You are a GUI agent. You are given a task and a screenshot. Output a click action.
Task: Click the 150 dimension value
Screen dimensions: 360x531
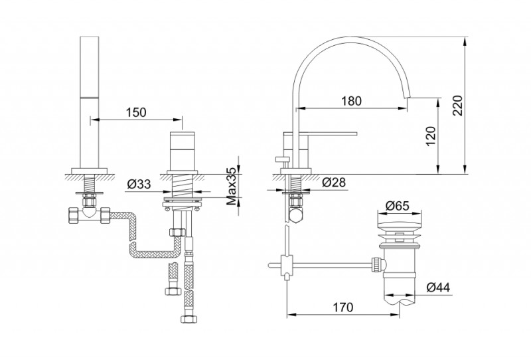(x=135, y=113)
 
